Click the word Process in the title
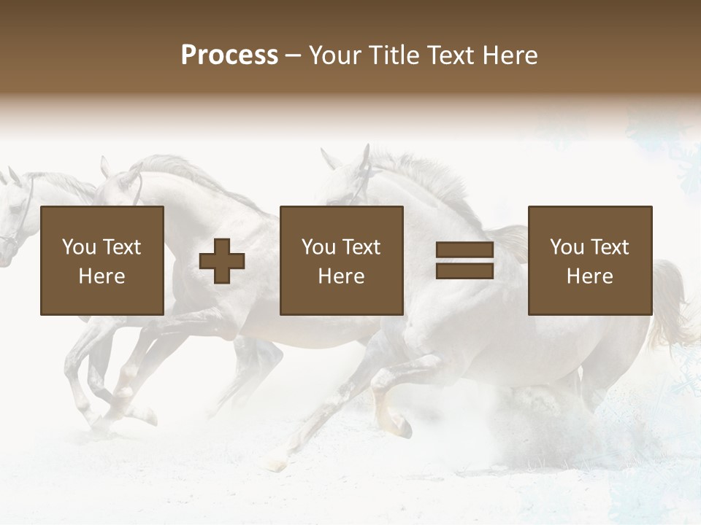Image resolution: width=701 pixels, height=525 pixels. tap(229, 55)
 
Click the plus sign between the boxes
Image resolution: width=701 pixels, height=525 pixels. tap(222, 261)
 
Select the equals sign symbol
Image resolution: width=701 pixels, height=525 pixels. tap(465, 261)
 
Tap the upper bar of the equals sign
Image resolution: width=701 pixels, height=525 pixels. tap(465, 250)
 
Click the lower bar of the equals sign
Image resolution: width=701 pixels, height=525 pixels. tap(465, 271)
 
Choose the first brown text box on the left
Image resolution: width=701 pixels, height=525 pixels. tap(102, 261)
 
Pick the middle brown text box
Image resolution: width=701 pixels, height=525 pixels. tap(342, 261)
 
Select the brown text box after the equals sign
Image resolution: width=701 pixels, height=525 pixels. tap(590, 261)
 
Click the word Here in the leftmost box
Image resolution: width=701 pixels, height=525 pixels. tap(102, 276)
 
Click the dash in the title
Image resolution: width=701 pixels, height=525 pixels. tap(294, 55)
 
